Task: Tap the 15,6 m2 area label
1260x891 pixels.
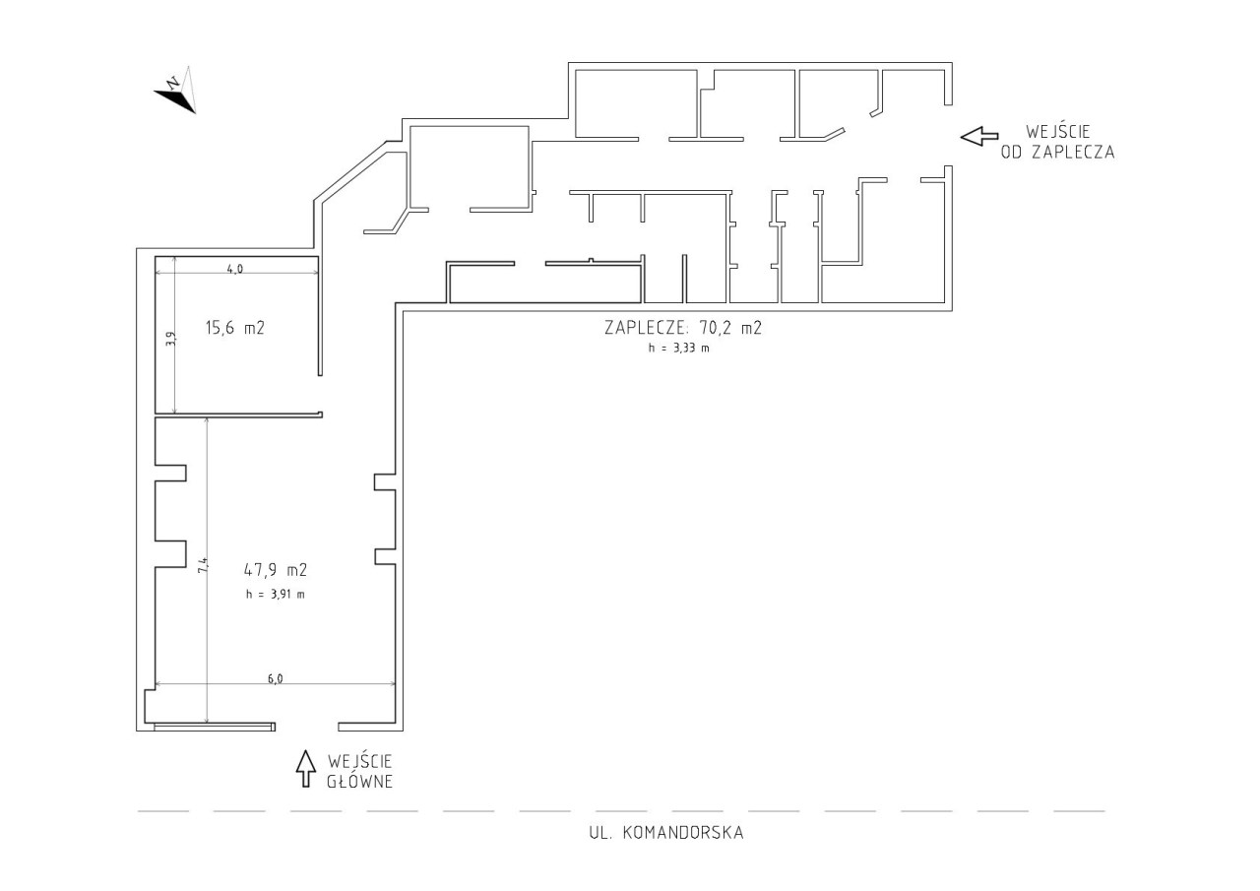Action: pos(235,328)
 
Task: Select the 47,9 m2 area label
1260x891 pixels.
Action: pos(276,570)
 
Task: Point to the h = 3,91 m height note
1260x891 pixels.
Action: pos(276,594)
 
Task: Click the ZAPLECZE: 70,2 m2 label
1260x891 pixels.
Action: pos(683,328)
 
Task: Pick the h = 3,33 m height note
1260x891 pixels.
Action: pos(678,348)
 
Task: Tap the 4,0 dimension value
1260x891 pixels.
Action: pos(235,269)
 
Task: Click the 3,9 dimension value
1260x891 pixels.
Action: pos(171,338)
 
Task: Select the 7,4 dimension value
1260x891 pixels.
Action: pos(203,565)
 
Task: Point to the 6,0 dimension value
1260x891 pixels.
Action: pos(275,679)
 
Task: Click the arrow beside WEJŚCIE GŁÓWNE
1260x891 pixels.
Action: pos(306,768)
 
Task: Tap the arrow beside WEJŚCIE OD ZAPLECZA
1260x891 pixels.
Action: pos(979,136)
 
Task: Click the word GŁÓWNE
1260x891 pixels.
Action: pos(360,782)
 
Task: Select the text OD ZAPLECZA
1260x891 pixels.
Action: pos(1057,153)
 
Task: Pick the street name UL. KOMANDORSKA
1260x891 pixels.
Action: pos(666,833)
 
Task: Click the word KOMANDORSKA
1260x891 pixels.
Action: pos(683,833)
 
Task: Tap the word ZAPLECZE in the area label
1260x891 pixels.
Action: pos(645,328)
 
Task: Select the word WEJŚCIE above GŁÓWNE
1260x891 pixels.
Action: pos(360,761)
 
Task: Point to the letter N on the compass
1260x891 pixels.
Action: pos(173,84)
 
